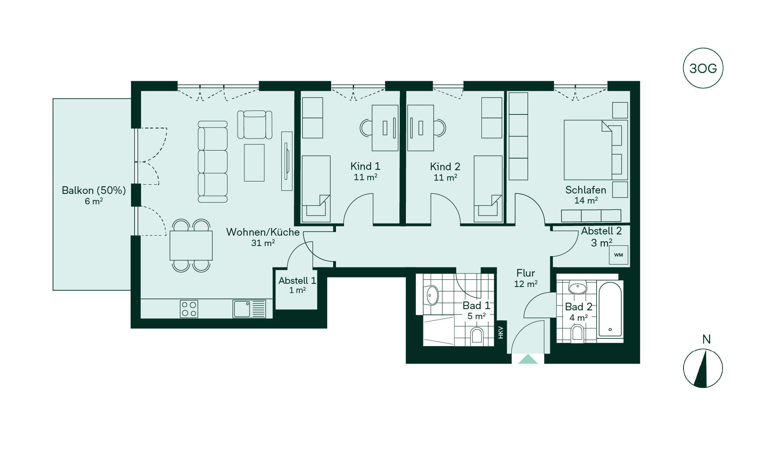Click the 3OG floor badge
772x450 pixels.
[x=703, y=68]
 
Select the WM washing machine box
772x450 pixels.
[x=618, y=255]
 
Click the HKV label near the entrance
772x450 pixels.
[x=501, y=332]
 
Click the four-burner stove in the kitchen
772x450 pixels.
[x=189, y=309]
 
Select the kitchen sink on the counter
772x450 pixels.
[x=249, y=309]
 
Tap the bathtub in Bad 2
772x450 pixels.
[x=610, y=309]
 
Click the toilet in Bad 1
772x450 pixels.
[x=477, y=336]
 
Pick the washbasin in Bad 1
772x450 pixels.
[x=432, y=295]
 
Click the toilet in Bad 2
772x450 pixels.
[x=577, y=333]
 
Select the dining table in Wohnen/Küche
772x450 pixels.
[x=191, y=245]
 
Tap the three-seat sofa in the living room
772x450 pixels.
[x=213, y=161]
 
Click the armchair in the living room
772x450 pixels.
[x=255, y=125]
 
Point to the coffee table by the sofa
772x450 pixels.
[x=254, y=163]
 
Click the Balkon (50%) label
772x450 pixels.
[x=94, y=190]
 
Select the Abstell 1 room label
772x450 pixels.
[x=297, y=281]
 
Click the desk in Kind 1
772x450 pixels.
[x=385, y=128]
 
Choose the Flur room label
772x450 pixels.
[x=526, y=273]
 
